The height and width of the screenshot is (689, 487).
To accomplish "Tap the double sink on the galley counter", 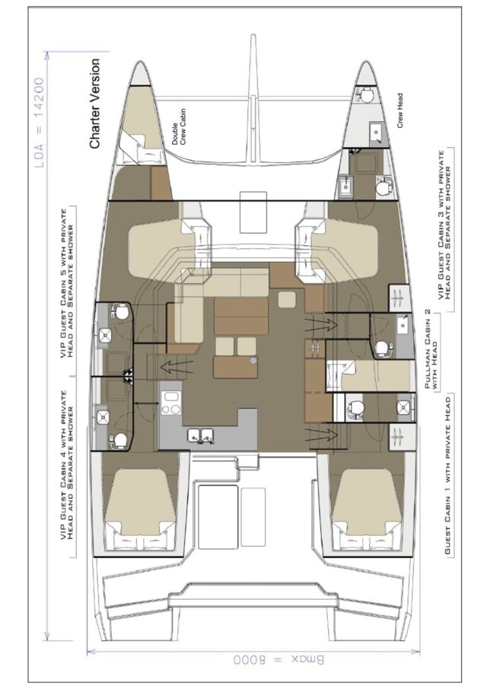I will pos(200,437).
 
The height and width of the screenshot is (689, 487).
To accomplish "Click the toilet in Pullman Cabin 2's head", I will pos(382,348).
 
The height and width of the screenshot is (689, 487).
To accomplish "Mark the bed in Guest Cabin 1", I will pos(364,506).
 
